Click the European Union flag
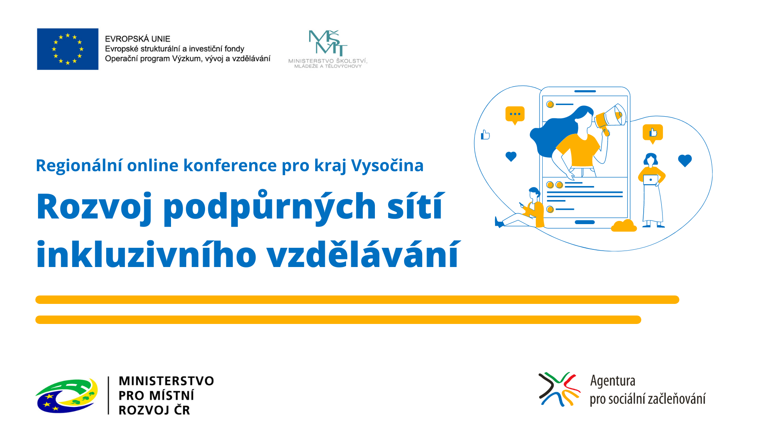68,49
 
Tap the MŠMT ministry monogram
328,42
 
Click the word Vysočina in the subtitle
387,166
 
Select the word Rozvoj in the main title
94,207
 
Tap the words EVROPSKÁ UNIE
137,39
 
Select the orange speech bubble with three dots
515,115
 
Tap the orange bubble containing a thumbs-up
653,133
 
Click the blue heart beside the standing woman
685,160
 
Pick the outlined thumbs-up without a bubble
485,135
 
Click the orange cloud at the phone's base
624,226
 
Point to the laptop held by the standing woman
650,180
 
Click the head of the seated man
534,193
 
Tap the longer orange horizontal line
357,299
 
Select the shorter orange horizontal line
338,320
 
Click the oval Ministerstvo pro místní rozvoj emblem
67,396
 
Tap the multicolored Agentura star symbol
559,389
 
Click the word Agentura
613,381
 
